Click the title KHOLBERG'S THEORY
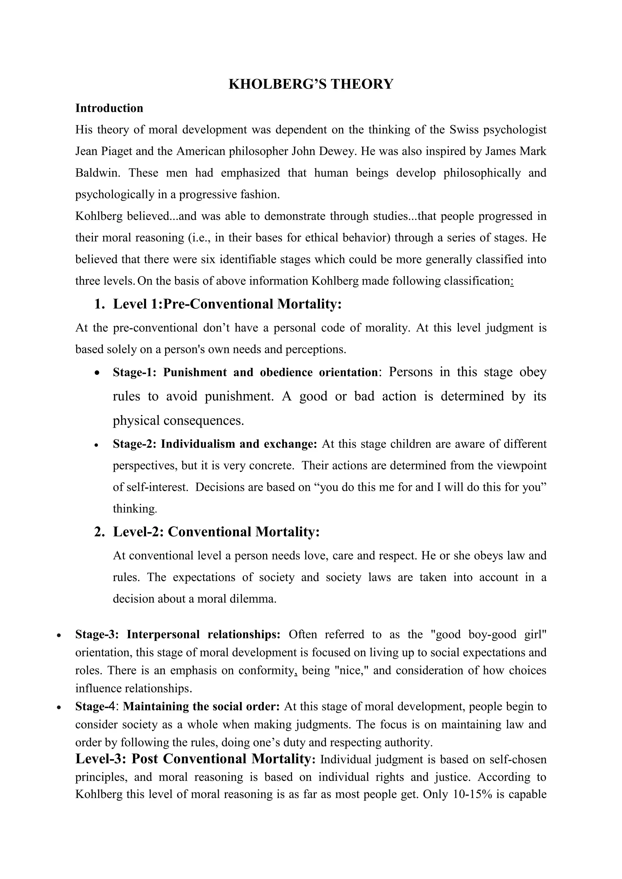[x=311, y=84]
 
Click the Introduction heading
[x=109, y=108]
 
